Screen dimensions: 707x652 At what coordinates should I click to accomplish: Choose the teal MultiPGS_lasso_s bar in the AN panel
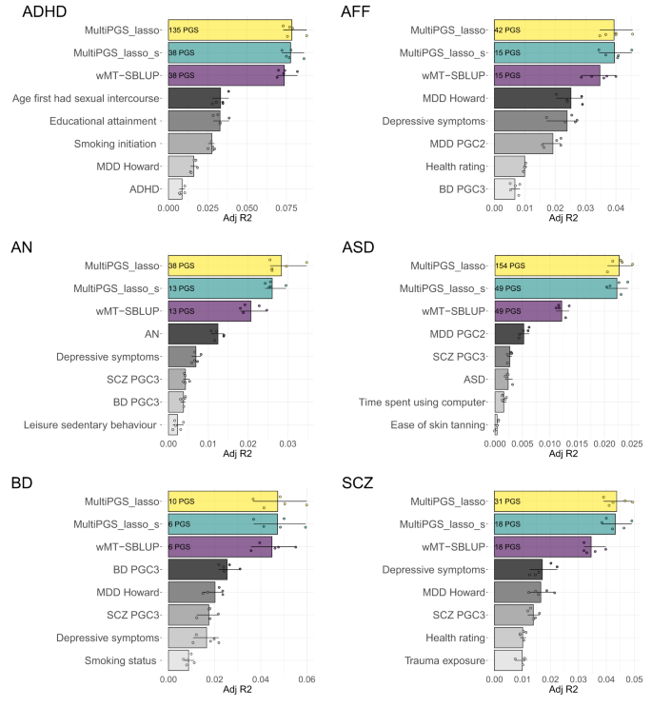(x=220, y=288)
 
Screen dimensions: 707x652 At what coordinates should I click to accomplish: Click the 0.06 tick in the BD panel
(x=306, y=679)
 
